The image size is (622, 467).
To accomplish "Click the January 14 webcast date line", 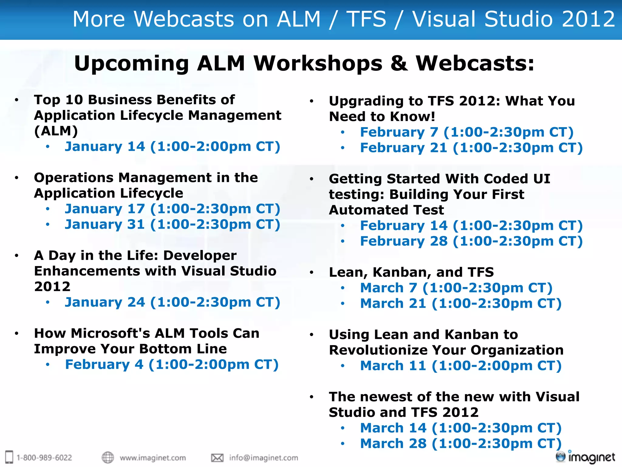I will [172, 147].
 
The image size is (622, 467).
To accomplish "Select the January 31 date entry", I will [172, 224].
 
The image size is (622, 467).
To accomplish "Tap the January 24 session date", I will [172, 302].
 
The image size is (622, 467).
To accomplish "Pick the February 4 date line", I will [172, 365].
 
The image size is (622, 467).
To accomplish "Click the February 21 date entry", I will [471, 148].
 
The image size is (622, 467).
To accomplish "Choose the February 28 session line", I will [471, 241].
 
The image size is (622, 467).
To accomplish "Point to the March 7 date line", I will [456, 288].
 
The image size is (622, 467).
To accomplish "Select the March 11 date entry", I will [460, 366].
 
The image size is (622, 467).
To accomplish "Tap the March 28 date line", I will [460, 444].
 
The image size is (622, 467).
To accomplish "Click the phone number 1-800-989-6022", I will [44, 458].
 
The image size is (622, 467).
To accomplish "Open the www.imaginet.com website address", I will [153, 458].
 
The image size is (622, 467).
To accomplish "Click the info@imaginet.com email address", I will [263, 458].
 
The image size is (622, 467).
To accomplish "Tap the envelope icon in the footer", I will [217, 458].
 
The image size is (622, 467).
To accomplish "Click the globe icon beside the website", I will [108, 457].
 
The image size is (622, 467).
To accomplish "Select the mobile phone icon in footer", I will [9, 457].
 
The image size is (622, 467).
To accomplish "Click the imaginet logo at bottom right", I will [586, 457].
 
